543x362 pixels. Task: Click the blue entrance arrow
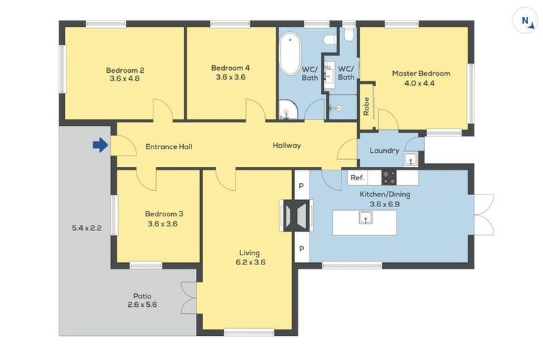click(100, 145)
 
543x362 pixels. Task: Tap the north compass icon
click(525, 21)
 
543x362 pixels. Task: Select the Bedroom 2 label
click(125, 70)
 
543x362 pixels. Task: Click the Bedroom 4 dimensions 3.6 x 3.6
click(230, 77)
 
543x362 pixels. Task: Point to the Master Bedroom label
click(421, 73)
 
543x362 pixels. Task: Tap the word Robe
click(366, 106)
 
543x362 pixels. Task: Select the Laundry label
click(384, 151)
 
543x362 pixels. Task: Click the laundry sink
click(410, 159)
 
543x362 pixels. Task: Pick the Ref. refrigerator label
click(357, 177)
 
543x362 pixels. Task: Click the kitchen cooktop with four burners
click(390, 177)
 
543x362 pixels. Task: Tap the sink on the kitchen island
click(365, 218)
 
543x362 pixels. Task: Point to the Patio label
click(142, 296)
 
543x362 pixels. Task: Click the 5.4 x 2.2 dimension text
click(87, 228)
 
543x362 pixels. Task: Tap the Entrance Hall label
click(168, 146)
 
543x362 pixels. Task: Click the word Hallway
click(286, 146)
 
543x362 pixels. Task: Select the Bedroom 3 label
click(164, 214)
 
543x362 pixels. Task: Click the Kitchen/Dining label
click(385, 194)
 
